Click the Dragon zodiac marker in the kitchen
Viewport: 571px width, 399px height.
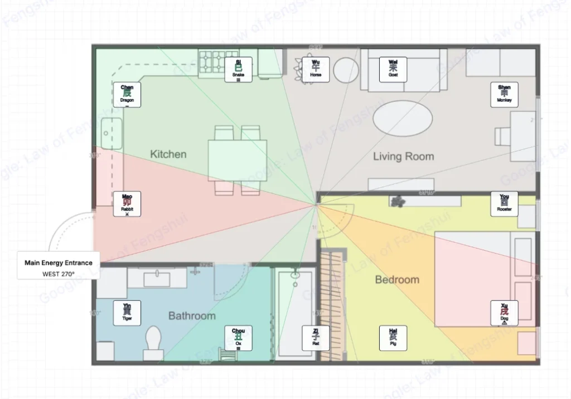127,95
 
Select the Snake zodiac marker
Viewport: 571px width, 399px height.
238,70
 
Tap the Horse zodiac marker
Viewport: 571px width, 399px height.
316,70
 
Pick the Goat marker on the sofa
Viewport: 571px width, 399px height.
393,70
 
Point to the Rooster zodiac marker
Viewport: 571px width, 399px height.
504,204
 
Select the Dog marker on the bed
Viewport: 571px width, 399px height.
504,313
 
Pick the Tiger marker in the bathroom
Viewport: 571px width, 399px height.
127,313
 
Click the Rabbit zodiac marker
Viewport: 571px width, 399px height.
127,204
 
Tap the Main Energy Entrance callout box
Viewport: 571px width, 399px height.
58,266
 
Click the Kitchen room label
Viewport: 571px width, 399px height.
168,154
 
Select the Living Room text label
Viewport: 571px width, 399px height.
403,157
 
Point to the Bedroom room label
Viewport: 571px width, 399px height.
396,279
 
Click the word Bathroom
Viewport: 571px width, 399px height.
192,316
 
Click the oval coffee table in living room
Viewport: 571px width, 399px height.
403,118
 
